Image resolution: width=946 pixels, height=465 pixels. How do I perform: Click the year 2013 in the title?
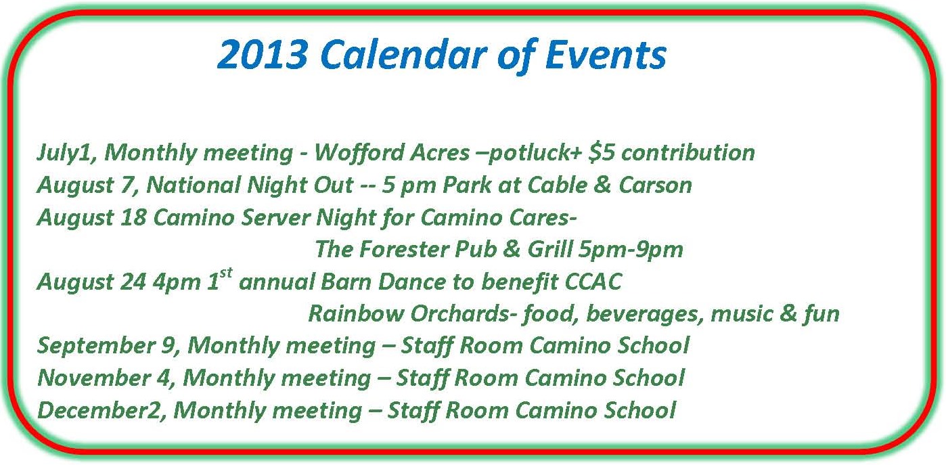(x=263, y=54)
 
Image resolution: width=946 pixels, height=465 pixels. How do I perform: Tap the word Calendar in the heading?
(x=404, y=54)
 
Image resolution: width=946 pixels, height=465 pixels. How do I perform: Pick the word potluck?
(x=528, y=154)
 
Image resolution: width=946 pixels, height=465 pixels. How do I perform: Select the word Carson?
(x=656, y=185)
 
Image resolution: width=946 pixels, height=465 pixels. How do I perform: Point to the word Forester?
(x=404, y=249)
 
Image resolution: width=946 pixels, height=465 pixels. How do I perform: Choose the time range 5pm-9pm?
(x=631, y=250)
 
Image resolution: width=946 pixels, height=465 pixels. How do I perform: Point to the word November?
(x=94, y=378)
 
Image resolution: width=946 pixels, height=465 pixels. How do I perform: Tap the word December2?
(x=102, y=410)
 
